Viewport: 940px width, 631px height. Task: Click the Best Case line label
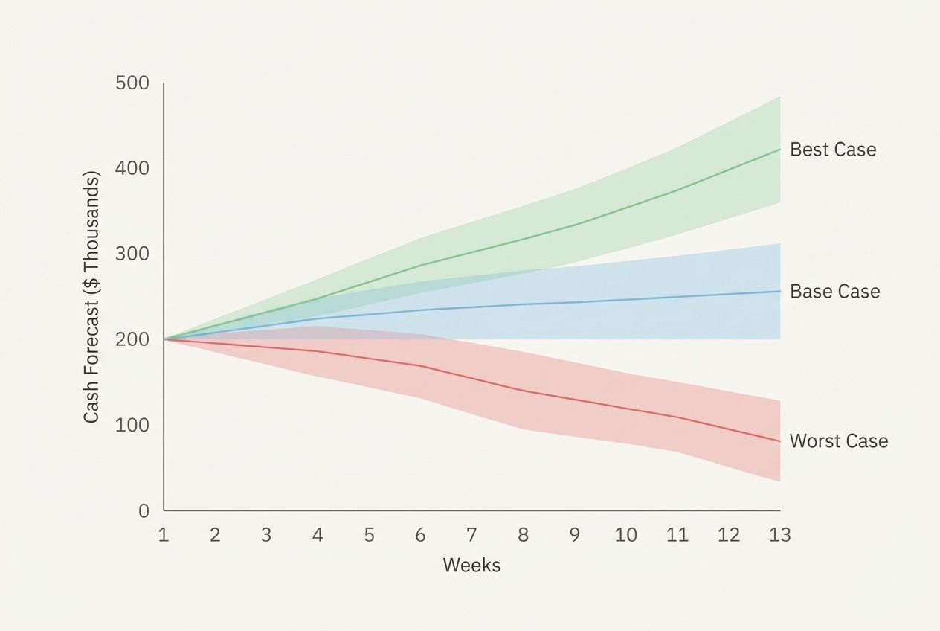click(x=832, y=150)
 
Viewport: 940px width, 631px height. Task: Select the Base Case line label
click(x=834, y=292)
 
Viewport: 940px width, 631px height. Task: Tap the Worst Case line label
click(x=838, y=441)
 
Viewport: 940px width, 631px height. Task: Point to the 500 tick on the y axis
click(x=132, y=83)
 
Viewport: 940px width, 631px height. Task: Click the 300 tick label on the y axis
click(x=132, y=254)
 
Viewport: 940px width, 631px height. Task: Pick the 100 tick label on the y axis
click(x=132, y=425)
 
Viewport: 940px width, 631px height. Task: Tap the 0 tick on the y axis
click(x=143, y=511)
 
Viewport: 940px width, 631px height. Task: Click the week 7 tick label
click(x=471, y=535)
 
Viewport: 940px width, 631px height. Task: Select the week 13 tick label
click(x=779, y=535)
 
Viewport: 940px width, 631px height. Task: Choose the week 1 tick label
click(x=164, y=535)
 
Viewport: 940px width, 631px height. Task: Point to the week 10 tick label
click(x=625, y=535)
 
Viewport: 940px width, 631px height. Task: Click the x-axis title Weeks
click(x=471, y=566)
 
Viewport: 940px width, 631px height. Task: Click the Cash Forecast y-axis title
click(x=91, y=298)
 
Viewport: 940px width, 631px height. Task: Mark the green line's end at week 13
click(x=779, y=150)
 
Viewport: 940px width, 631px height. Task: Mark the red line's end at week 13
click(x=779, y=441)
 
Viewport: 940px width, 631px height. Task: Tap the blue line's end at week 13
click(x=779, y=292)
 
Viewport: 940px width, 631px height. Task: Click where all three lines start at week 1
click(x=164, y=339)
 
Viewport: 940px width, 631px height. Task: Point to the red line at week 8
click(x=523, y=391)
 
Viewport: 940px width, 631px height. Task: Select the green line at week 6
click(x=420, y=266)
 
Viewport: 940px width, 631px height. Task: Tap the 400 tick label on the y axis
click(x=132, y=169)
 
